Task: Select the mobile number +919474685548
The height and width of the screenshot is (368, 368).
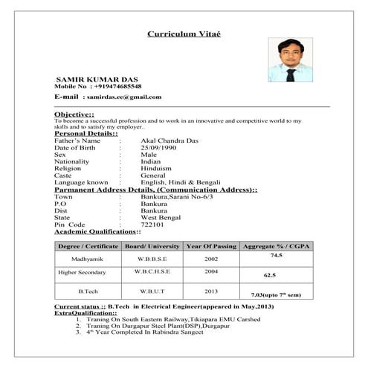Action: [117, 86]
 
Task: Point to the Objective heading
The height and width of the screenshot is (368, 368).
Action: [74, 114]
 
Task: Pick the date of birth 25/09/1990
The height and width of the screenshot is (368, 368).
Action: [159, 147]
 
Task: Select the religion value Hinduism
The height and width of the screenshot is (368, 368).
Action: [157, 168]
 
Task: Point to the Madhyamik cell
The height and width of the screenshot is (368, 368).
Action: [88, 259]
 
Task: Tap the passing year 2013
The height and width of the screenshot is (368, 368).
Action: [211, 291]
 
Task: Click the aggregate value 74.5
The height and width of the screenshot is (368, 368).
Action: [277, 255]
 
